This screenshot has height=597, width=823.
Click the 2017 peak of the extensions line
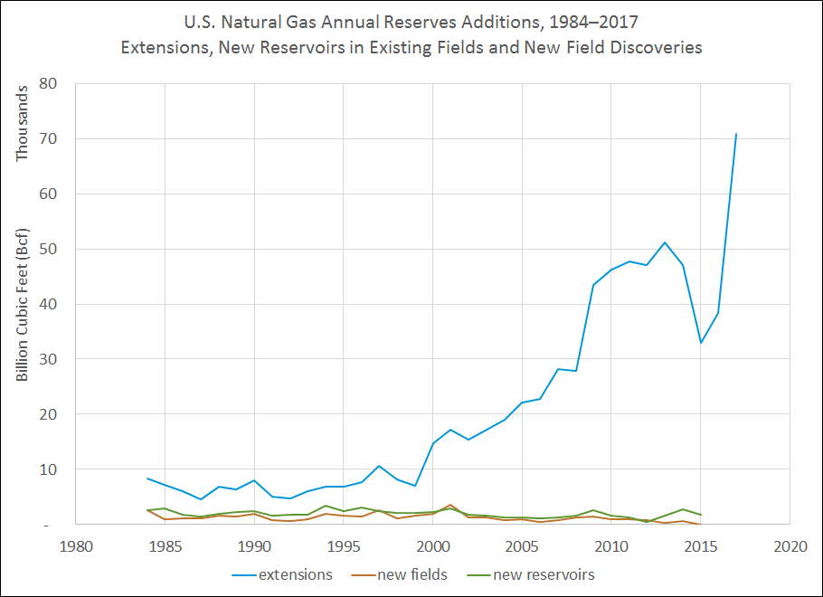(736, 134)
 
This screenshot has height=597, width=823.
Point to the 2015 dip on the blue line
(701, 343)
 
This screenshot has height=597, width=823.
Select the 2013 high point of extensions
(665, 242)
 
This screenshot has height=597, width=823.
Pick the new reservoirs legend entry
(533, 574)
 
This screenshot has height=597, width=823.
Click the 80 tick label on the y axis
(48, 84)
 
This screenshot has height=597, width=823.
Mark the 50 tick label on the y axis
(48, 249)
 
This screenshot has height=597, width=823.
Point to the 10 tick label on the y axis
(48, 469)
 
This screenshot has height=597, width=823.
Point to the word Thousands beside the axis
(24, 122)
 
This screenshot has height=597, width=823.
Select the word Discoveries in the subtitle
(657, 47)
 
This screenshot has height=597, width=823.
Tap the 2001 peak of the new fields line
(450, 505)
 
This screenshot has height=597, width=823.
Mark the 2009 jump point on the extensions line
(593, 285)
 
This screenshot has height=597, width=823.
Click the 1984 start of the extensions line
(147, 479)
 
